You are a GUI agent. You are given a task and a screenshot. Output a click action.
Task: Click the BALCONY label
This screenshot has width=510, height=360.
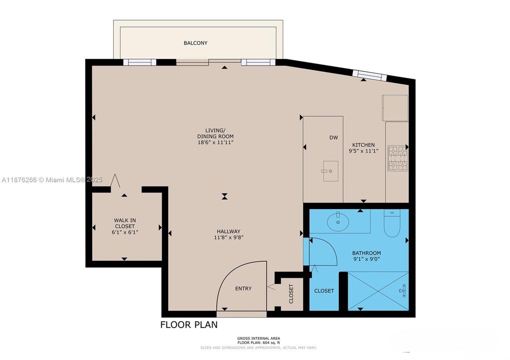[x=195, y=43]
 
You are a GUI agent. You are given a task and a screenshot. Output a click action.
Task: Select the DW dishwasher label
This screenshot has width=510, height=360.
[x=334, y=137]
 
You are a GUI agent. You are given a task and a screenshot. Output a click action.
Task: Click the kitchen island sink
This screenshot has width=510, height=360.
[x=330, y=171]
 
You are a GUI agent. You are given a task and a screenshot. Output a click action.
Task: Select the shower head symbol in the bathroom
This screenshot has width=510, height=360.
[x=403, y=289]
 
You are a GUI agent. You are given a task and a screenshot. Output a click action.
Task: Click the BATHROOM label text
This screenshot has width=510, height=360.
[x=366, y=253]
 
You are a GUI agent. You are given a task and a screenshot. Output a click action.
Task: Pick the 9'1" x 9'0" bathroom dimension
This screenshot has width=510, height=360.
[x=366, y=259]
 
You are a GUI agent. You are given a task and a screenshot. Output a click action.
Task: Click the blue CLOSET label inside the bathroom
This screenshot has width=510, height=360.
[x=324, y=291]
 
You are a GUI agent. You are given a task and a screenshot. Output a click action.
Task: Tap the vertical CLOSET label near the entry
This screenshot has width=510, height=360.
[x=291, y=294]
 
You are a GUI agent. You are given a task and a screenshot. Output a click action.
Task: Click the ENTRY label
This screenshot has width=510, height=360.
[x=243, y=288]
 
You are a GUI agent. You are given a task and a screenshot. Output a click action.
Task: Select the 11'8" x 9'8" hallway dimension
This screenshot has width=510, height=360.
[x=228, y=237]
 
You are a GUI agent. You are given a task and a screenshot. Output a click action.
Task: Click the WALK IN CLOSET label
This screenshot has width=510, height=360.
[x=125, y=223]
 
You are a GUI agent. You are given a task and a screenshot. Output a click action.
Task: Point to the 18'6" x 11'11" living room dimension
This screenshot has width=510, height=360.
[x=215, y=142]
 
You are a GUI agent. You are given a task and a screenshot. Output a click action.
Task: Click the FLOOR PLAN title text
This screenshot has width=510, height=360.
[x=189, y=325]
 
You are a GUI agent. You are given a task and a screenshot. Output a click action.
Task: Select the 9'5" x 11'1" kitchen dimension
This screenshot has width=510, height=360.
[x=363, y=151]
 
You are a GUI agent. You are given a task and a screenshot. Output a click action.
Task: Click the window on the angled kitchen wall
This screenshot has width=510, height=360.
[x=369, y=75]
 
